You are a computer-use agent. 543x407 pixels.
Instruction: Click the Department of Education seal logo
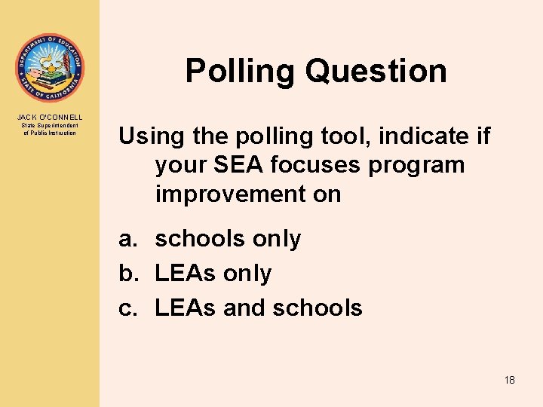point(51,68)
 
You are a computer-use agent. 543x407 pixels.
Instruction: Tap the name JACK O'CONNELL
point(51,118)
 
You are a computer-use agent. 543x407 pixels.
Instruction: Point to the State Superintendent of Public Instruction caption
point(51,130)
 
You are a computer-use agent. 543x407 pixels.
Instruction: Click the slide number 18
point(510,380)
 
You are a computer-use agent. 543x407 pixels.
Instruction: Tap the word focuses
point(319,165)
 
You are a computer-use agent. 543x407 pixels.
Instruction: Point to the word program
point(417,165)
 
